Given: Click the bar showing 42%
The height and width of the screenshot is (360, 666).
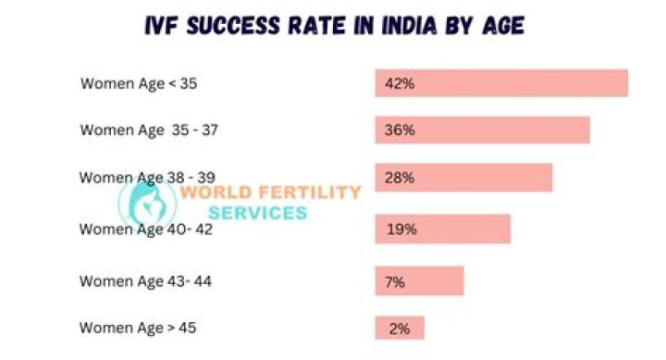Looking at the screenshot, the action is tap(501, 83).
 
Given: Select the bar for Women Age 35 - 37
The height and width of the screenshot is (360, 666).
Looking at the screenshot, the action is tap(483, 130).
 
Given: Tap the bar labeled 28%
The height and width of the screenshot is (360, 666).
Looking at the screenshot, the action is tap(463, 178).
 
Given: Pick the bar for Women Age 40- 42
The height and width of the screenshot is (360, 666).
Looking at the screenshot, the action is tap(442, 230).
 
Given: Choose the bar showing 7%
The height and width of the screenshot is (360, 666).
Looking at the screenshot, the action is tap(419, 281).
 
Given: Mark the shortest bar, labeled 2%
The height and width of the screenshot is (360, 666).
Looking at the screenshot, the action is tap(400, 328).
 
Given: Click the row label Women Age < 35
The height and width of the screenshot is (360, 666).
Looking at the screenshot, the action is tap(139, 83).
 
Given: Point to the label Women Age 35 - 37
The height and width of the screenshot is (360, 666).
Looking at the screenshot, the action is tap(149, 130).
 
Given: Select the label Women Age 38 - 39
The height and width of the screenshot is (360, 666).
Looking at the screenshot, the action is tap(147, 178).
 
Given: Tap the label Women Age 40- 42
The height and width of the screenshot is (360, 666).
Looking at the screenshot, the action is tap(146, 230).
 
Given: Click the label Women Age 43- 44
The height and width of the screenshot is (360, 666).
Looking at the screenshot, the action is tap(145, 281).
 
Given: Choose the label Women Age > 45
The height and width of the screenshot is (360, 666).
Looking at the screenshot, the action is tap(138, 329).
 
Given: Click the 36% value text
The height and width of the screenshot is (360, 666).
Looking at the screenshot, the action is tap(400, 130).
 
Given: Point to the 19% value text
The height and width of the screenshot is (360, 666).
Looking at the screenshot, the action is tap(401, 230).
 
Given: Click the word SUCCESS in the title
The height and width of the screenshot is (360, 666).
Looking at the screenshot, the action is tap(233, 26).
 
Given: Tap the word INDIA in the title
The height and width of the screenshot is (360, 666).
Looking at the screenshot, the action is tap(409, 26).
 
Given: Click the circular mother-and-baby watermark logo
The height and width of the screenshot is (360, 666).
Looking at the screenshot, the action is tap(147, 204).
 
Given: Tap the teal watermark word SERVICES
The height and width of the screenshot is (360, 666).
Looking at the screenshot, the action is tap(258, 213).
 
